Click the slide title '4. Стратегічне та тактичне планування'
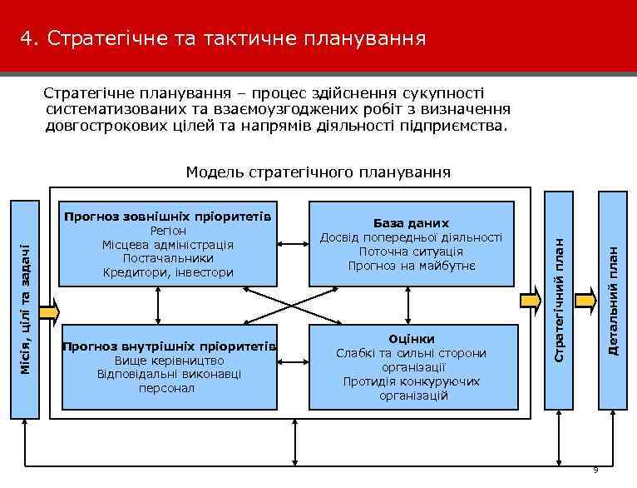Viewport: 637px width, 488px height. pos(224,38)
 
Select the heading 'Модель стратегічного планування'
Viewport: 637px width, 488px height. pos(318,172)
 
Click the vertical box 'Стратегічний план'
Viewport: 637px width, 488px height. pos(560,300)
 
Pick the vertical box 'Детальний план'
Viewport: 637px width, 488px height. pos(612,300)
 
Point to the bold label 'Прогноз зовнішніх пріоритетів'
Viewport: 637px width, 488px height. pos(168,217)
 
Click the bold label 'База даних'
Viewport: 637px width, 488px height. pos(411,223)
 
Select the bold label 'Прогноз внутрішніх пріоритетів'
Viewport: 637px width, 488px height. pos(170,346)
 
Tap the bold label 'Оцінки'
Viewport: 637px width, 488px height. pos(411,339)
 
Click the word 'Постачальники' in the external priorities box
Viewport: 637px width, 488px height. pos(168,258)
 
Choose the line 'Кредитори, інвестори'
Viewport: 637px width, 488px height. pos(168,272)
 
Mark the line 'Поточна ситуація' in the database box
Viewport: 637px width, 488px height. pos(411,251)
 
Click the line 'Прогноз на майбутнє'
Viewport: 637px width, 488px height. pos(411,266)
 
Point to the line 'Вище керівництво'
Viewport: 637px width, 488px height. pos(168,361)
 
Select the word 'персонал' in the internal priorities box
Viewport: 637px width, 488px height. pos(168,389)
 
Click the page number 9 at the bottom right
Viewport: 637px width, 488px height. pos(595,471)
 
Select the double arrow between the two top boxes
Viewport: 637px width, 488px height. pos(292,244)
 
